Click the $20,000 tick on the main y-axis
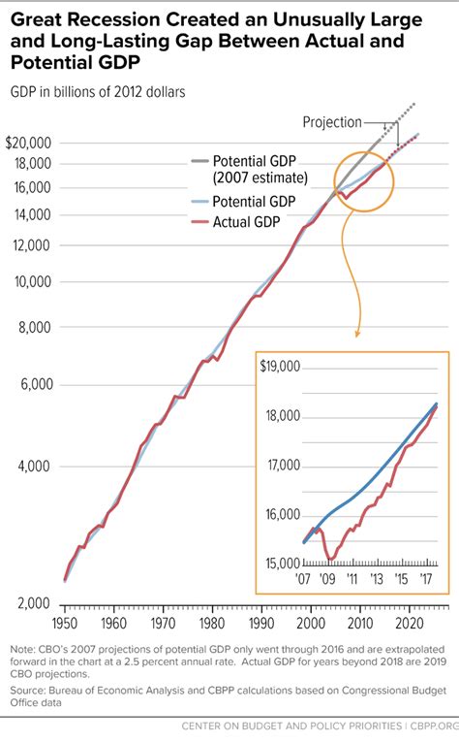[x=26, y=143]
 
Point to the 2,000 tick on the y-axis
[x=32, y=603]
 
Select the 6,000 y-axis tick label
[x=32, y=385]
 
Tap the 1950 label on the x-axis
[x=65, y=623]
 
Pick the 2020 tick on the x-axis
[x=409, y=623]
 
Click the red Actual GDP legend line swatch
[x=197, y=223]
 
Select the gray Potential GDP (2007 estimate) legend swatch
[x=197, y=161]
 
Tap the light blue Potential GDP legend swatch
[x=197, y=202]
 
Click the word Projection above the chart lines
[x=332, y=122]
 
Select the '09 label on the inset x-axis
[x=329, y=580]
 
